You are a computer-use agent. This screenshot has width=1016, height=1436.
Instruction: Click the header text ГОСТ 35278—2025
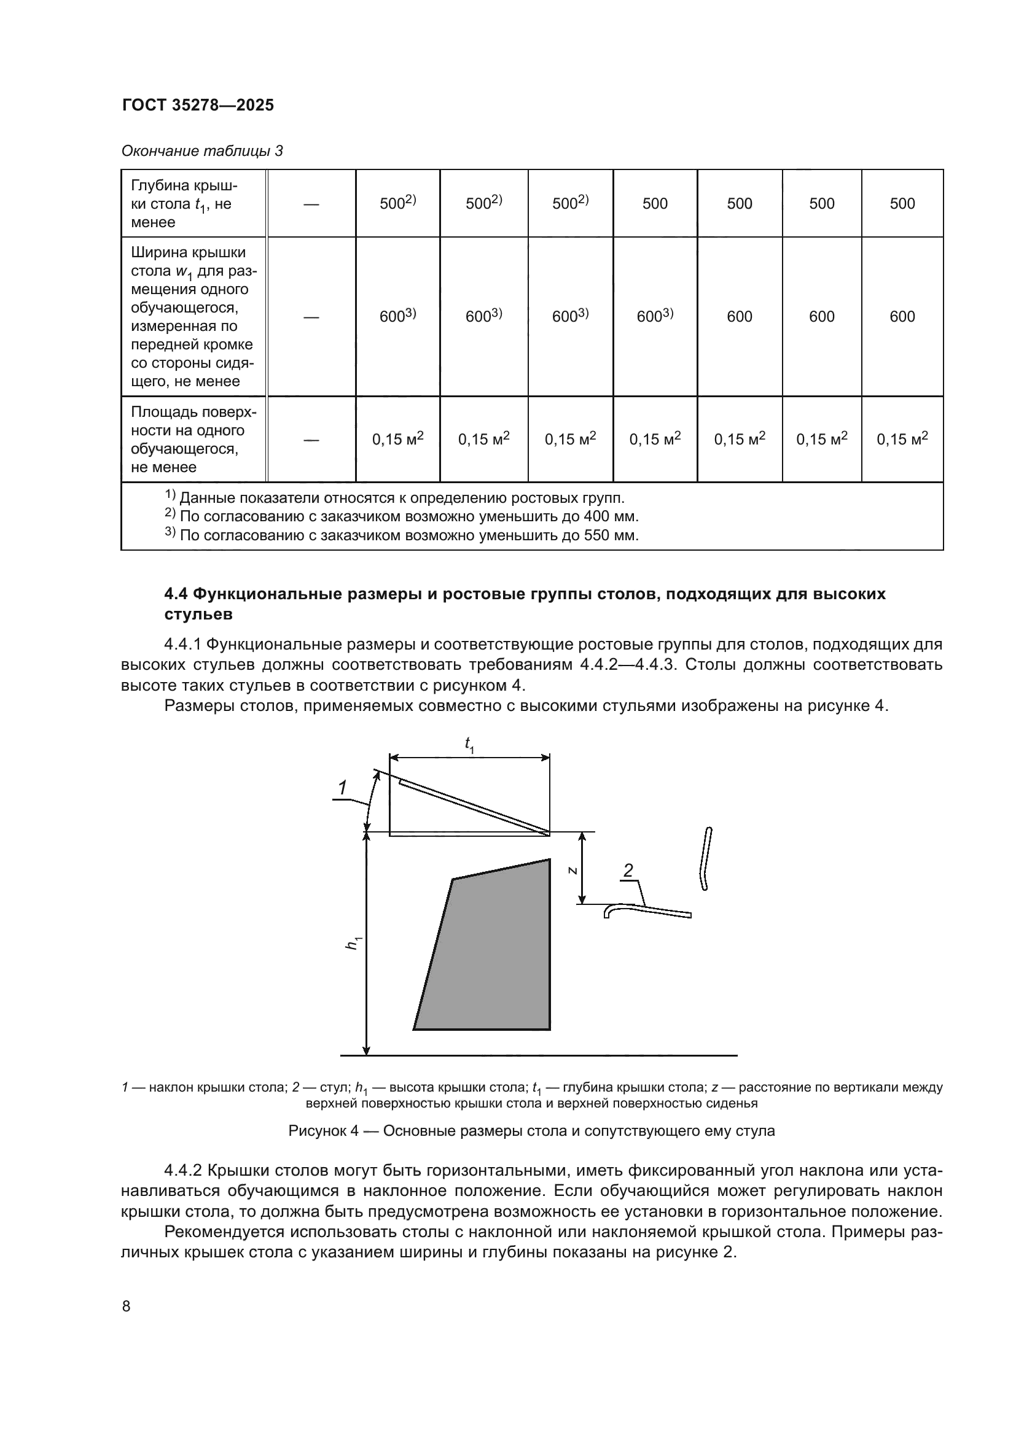click(x=198, y=105)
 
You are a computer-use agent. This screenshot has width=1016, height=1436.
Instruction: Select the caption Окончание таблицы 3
click(x=201, y=151)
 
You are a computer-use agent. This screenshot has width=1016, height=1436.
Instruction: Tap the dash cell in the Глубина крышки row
click(x=311, y=204)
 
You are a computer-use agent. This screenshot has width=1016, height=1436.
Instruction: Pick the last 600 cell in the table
click(x=902, y=316)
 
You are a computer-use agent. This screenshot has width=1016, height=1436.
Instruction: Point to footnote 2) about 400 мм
click(x=401, y=516)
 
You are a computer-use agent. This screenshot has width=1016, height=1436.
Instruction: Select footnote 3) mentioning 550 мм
click(x=401, y=535)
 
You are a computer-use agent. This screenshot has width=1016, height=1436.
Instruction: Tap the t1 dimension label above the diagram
click(x=469, y=744)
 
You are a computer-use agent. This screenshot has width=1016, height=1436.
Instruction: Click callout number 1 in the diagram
click(x=343, y=789)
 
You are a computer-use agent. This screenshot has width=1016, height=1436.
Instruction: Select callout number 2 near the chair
click(x=628, y=871)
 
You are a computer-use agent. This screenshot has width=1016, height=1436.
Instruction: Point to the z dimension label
click(x=572, y=870)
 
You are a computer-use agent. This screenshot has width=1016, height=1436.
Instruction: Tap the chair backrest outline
click(x=705, y=858)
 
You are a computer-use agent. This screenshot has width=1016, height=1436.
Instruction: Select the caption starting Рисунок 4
click(x=531, y=1131)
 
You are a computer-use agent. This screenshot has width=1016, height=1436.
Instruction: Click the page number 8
click(x=127, y=1306)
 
